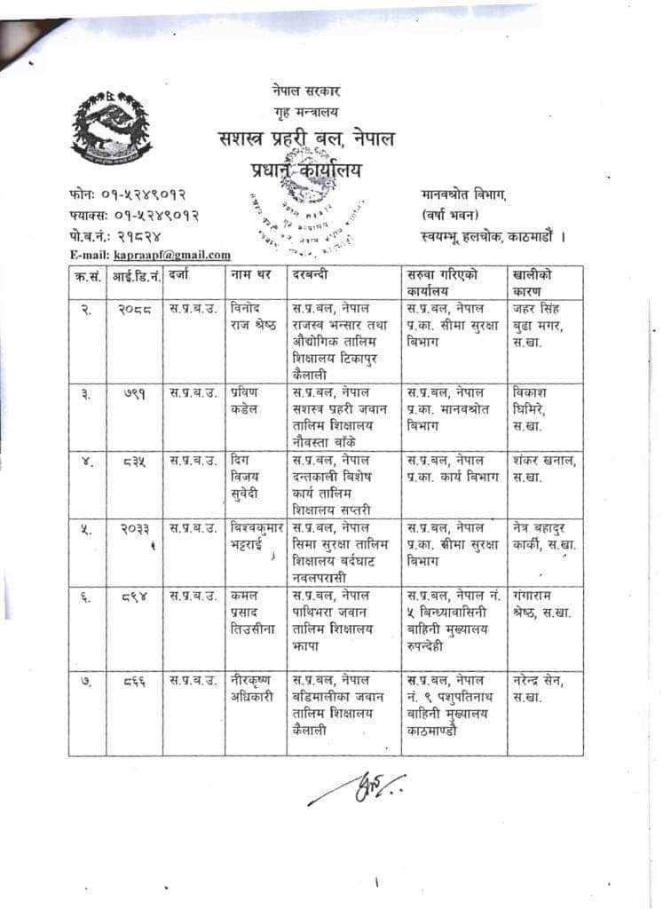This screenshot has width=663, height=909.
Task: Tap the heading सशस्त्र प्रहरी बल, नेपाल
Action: [307, 138]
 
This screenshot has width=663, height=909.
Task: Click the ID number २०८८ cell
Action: [134, 310]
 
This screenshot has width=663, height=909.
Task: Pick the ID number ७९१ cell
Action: [134, 393]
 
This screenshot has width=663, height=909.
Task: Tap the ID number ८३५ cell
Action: [134, 461]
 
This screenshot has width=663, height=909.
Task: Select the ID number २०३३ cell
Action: [134, 528]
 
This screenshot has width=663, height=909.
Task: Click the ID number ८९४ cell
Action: [134, 596]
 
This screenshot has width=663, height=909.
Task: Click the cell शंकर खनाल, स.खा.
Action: [544, 469]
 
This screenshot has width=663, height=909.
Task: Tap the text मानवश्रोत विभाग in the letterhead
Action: [463, 193]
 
